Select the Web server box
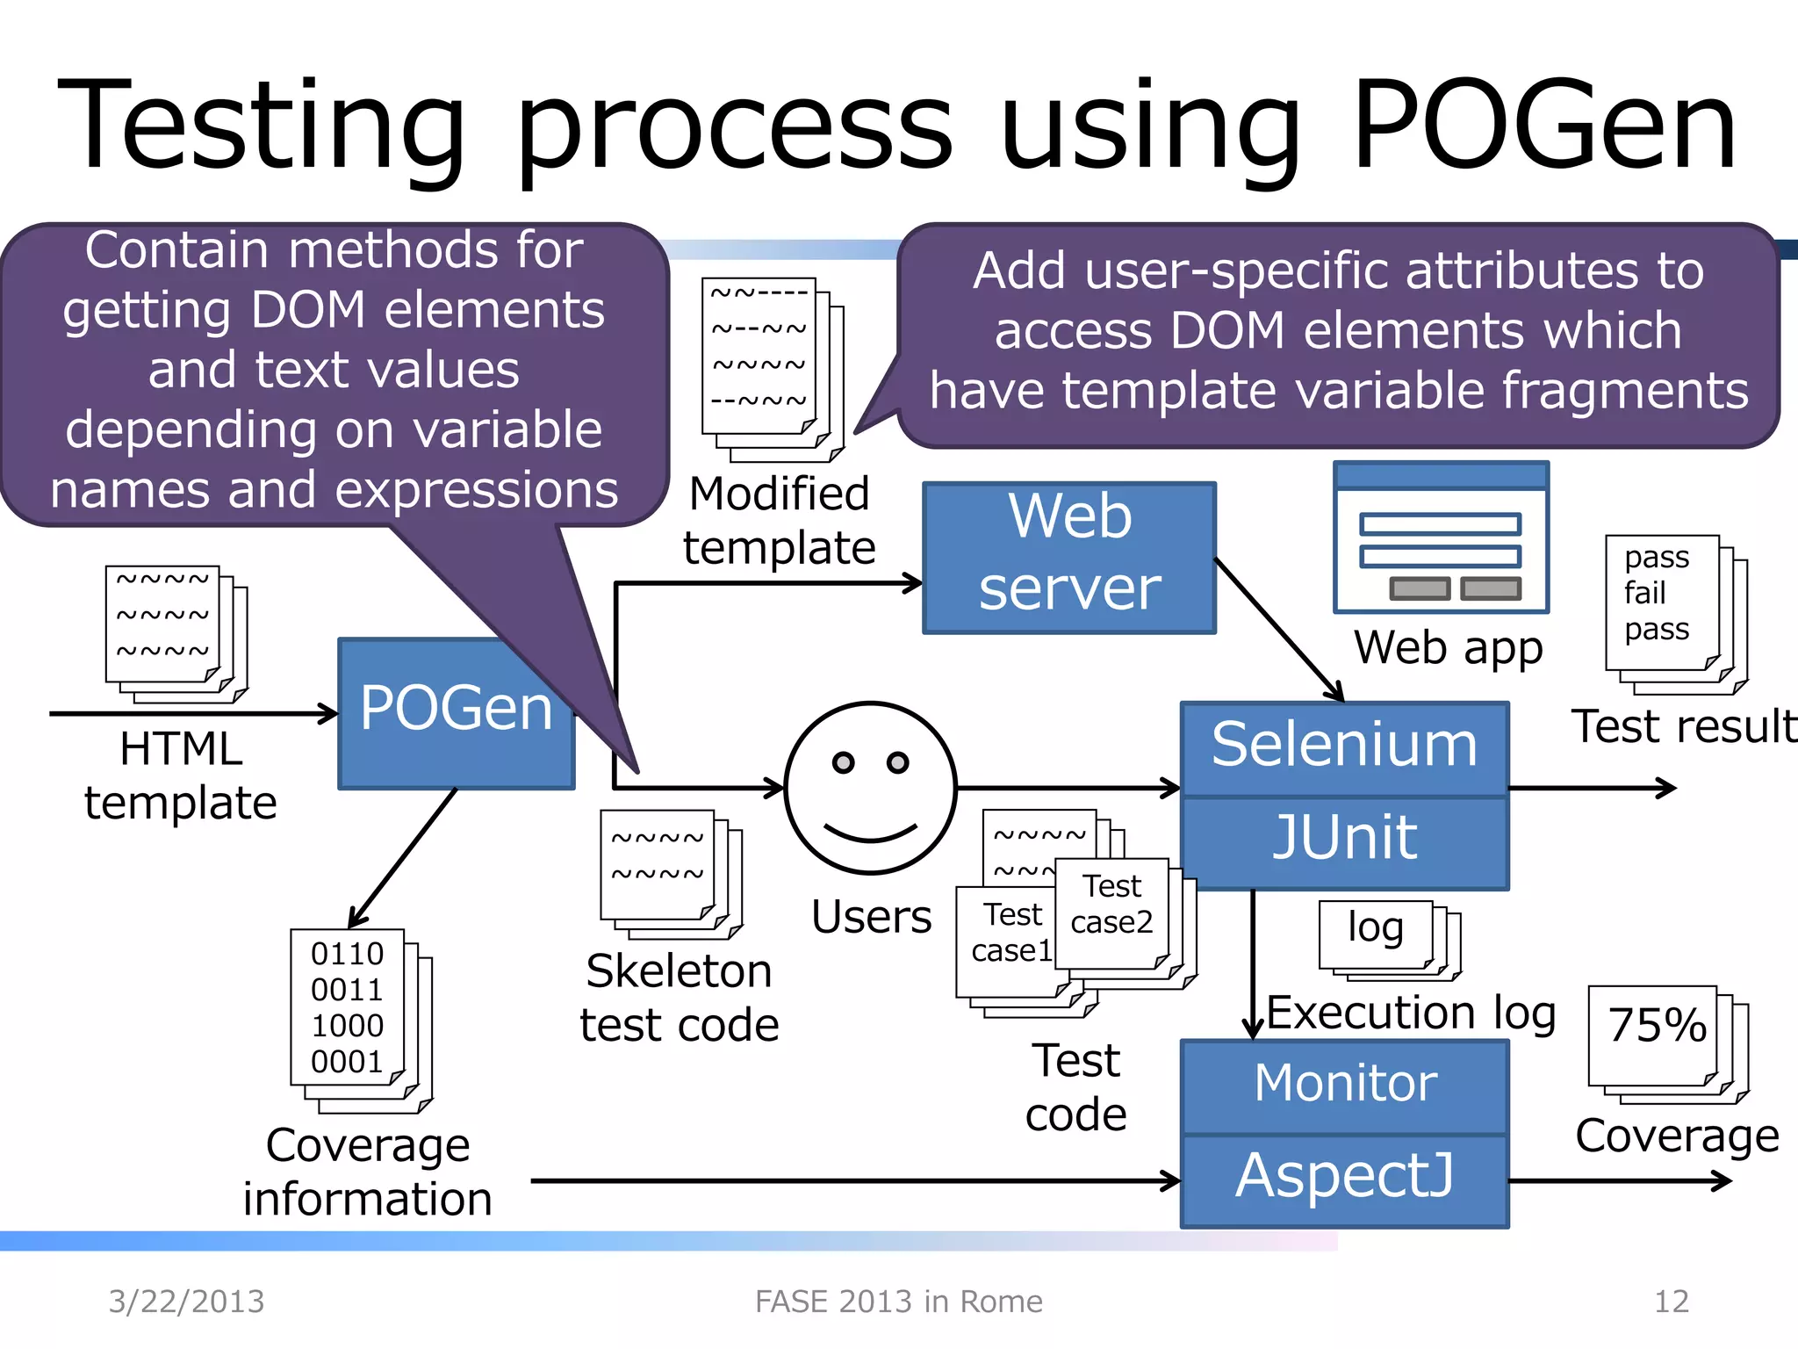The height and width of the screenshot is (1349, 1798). tap(1069, 557)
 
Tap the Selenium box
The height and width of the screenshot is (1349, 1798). tap(1344, 747)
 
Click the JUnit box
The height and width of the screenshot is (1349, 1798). tap(1344, 840)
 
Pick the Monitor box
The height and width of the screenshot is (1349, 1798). tap(1344, 1085)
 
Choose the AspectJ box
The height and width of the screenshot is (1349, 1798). tap(1344, 1178)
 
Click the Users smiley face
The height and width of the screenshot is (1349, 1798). tap(870, 787)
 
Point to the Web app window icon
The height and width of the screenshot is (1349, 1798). tap(1441, 537)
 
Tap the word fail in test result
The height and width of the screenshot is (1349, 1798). tap(1644, 594)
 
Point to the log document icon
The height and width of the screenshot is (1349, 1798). tap(1376, 931)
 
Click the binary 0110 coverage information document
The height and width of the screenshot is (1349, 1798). tap(348, 1008)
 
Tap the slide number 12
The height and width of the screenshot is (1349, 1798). tap(1671, 1302)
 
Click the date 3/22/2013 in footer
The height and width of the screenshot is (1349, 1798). tap(186, 1302)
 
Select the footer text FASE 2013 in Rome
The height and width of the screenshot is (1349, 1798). tap(898, 1302)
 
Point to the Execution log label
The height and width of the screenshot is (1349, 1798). tap(1411, 1014)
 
